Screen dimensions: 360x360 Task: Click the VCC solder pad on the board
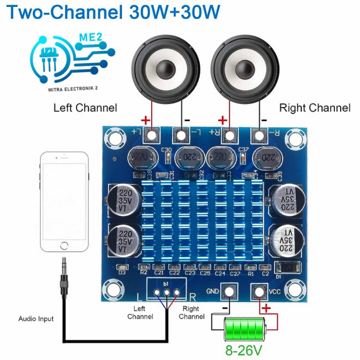click(x=259, y=291)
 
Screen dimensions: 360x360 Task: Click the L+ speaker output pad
click(x=152, y=135)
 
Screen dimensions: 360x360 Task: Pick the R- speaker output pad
click(x=259, y=135)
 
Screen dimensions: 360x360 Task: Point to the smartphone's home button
click(x=64, y=246)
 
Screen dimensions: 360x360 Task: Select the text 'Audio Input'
click(x=36, y=319)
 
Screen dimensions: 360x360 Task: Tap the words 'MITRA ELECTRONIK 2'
click(x=73, y=89)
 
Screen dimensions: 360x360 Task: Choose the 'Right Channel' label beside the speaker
click(x=315, y=108)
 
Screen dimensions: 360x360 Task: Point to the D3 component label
click(x=122, y=272)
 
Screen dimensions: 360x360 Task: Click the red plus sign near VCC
click(x=266, y=309)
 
